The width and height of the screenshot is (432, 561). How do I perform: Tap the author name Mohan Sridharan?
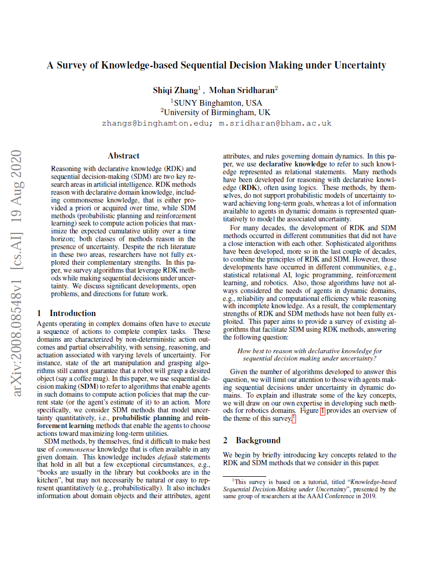pos(242,90)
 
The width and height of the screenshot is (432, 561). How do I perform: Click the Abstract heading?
pos(123,155)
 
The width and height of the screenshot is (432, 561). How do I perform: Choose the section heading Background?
pos(258,440)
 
